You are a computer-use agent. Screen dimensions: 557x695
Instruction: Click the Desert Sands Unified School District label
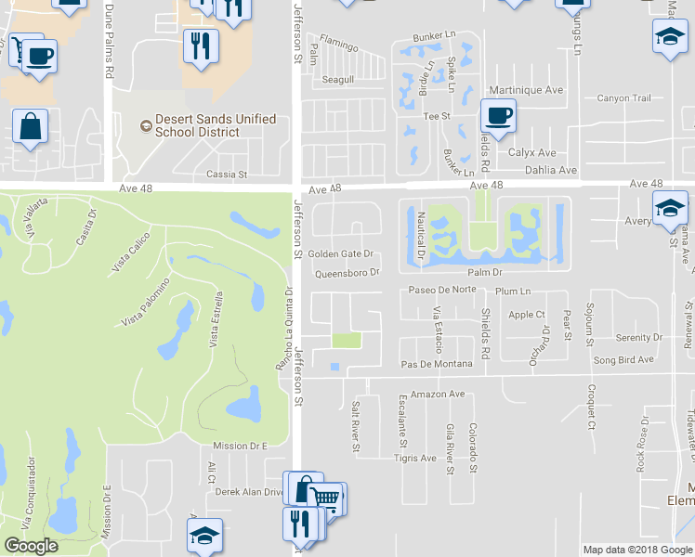216,125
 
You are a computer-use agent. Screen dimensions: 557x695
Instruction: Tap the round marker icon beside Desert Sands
144,125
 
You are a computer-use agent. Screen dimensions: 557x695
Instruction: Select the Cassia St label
228,174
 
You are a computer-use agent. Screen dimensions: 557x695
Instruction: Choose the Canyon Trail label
623,98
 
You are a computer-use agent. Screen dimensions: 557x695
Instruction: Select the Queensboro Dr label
347,273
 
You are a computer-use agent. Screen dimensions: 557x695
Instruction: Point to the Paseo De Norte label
441,290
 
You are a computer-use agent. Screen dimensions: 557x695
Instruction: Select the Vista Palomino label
144,302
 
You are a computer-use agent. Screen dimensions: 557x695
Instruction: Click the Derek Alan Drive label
248,492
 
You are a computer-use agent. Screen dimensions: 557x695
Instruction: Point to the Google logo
31,546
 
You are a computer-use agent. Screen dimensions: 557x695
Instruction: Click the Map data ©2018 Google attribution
637,550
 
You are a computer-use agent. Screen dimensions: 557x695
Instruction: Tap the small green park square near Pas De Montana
346,341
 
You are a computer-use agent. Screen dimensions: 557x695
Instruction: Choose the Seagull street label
338,81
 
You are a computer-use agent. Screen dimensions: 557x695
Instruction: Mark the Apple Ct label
527,315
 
